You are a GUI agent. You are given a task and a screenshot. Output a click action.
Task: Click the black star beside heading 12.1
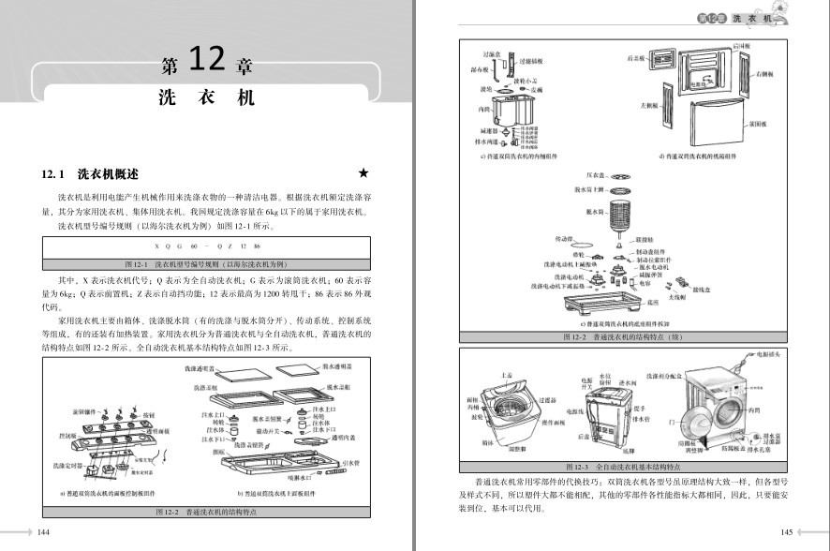click(363, 174)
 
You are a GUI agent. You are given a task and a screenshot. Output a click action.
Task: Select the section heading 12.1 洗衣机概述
click(90, 174)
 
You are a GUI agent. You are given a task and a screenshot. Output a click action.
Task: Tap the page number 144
click(43, 532)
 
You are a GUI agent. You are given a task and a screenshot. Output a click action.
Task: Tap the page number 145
click(786, 532)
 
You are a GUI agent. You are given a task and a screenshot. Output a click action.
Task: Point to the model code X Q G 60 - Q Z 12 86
click(207, 246)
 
